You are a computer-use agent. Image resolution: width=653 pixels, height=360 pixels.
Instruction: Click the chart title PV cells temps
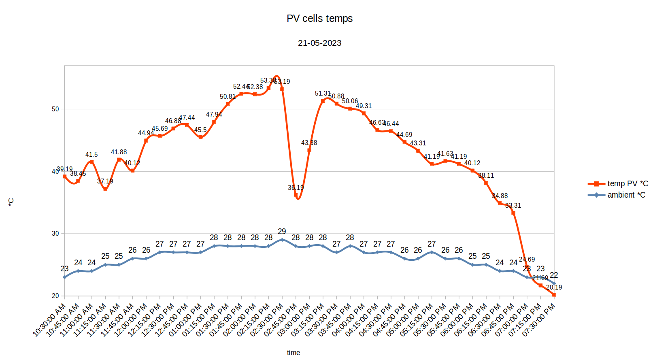coord(319,19)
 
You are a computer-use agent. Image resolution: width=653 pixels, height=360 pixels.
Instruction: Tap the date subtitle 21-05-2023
coord(319,43)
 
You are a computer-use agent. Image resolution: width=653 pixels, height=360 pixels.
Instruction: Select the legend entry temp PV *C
coord(627,183)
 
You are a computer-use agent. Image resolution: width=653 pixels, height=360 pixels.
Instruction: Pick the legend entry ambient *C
coord(626,195)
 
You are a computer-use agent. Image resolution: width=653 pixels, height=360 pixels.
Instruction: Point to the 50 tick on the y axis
coord(55,109)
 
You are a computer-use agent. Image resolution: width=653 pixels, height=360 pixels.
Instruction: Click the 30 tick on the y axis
coord(55,234)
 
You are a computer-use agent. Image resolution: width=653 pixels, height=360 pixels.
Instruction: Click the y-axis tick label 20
coord(55,296)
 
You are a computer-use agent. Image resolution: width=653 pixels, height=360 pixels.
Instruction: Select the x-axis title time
coord(294,353)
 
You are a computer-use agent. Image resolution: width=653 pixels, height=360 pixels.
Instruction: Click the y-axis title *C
coord(11,202)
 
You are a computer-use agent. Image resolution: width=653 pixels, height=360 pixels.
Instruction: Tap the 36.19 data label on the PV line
coord(296,187)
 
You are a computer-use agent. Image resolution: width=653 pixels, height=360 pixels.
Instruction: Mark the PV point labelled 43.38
coord(309,150)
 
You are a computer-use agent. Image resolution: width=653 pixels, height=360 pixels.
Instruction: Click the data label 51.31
coord(323,94)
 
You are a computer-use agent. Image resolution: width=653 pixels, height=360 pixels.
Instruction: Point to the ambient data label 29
coord(282,231)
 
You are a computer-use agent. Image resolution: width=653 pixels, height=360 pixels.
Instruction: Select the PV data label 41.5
coord(91,155)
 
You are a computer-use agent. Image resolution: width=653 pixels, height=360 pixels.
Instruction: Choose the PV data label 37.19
coord(105,181)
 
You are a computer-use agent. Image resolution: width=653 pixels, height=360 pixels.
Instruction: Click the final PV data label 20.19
coord(554,287)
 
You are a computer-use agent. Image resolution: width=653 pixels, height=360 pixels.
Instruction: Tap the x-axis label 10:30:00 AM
coord(49,320)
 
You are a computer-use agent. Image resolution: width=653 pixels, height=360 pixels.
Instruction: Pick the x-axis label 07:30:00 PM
coord(538,320)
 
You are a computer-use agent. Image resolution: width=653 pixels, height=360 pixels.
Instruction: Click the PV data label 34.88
coord(500,196)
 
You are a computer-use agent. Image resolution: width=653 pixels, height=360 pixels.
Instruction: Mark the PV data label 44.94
coord(146,133)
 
